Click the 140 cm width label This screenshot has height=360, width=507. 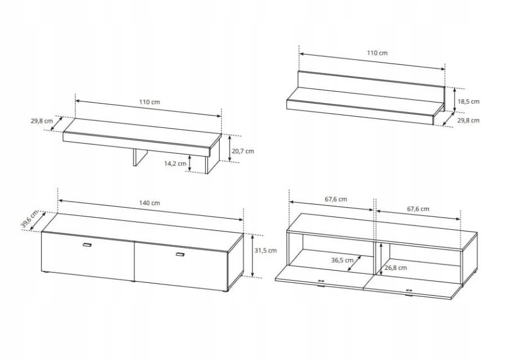pyautogui.click(x=149, y=203)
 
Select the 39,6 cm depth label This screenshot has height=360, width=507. pyautogui.click(x=29, y=219)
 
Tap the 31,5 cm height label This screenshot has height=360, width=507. pyautogui.click(x=265, y=250)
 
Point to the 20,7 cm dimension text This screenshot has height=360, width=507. pyautogui.click(x=243, y=151)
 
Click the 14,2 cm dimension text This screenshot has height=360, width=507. pyautogui.click(x=175, y=163)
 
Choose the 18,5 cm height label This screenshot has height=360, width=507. pyautogui.click(x=469, y=101)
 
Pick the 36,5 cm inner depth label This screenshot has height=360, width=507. pyautogui.click(x=342, y=260)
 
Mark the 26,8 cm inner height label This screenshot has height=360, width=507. pyautogui.click(x=396, y=268)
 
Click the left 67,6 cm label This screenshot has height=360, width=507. pyautogui.click(x=336, y=199)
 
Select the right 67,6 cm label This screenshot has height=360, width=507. pyautogui.click(x=418, y=209)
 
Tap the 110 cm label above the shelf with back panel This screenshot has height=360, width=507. pyautogui.click(x=377, y=53)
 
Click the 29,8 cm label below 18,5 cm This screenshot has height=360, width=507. pyautogui.click(x=469, y=121)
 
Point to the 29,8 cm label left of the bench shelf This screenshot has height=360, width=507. pyautogui.click(x=42, y=121)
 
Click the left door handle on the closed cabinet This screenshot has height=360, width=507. pyautogui.click(x=87, y=245)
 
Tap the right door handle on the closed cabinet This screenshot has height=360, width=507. pyautogui.click(x=180, y=255)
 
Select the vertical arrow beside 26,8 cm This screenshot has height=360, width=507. pyautogui.click(x=381, y=259)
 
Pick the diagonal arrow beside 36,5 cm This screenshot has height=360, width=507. pyautogui.click(x=355, y=263)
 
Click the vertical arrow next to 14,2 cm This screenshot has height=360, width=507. pyautogui.click(x=190, y=163)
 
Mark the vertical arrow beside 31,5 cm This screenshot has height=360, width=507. pyautogui.click(x=252, y=256)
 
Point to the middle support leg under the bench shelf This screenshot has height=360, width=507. pyautogui.click(x=140, y=157)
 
